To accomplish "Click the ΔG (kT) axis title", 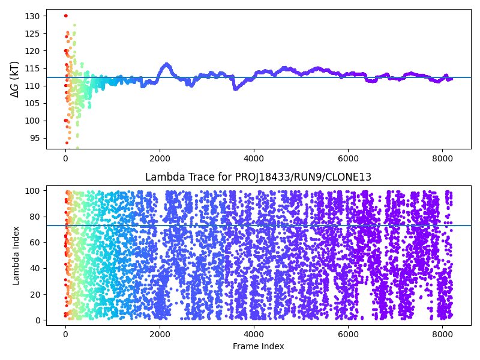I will (x=15, y=79).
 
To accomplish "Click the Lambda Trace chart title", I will (x=258, y=177).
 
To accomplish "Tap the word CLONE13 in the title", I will (x=350, y=177).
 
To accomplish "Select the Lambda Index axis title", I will (x=16, y=255).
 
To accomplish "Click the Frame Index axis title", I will (x=258, y=346).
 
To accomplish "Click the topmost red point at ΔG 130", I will (x=65, y=16).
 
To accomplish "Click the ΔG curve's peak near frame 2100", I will (x=166, y=64).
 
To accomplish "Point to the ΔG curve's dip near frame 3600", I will (x=236, y=88).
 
